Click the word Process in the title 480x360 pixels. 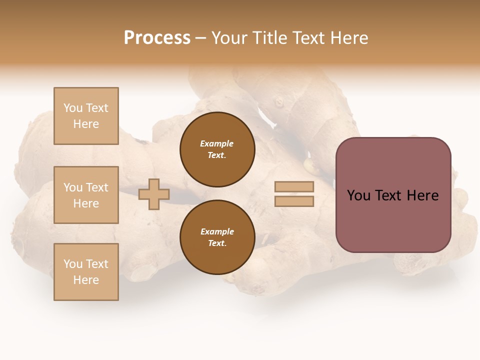coord(157,38)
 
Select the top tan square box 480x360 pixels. coord(86,116)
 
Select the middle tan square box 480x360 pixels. coord(86,195)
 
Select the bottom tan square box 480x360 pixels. coord(86,272)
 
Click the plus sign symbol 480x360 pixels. coord(154,194)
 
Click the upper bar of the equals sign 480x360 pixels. coord(294,186)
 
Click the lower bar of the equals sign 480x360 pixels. coord(294,201)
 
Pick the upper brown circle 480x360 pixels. coord(217,149)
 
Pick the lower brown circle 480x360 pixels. coord(217,237)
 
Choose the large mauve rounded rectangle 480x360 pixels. coord(393,195)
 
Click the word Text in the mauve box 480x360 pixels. coord(389,195)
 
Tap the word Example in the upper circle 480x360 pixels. coord(217,143)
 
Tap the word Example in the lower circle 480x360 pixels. coord(217,231)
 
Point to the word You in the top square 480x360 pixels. coord(73,108)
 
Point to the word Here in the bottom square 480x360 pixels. coord(86,280)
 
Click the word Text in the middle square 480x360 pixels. coord(97,187)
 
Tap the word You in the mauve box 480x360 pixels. coord(358,195)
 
